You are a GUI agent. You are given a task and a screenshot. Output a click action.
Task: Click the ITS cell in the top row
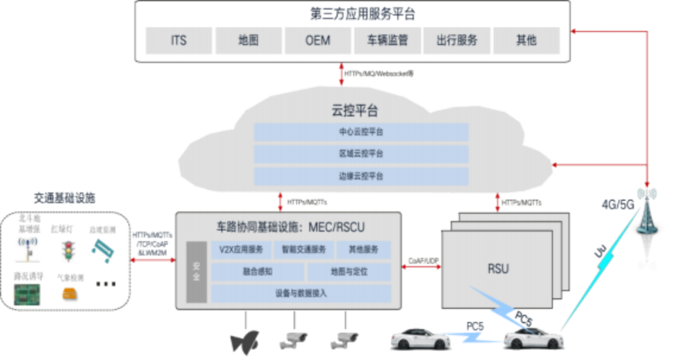point(179,40)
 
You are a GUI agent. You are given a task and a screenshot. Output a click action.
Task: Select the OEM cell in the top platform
point(317,40)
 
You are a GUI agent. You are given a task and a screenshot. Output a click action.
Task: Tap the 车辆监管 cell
point(387,40)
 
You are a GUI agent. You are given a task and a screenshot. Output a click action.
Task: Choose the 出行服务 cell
point(457,40)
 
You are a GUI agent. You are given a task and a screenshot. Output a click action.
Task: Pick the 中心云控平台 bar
point(361,133)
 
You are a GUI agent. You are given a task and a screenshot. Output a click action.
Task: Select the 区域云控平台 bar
point(361,154)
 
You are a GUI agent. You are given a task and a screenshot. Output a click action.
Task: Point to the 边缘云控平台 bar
point(361,176)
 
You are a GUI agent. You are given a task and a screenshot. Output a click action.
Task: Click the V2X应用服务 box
point(241,249)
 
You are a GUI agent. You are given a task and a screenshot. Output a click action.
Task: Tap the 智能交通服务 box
point(304,249)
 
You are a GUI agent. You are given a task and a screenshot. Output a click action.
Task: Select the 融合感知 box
point(257,272)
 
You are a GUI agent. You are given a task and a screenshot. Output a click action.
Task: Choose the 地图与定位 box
point(348,272)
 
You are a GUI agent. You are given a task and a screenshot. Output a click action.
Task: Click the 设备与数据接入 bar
point(301,293)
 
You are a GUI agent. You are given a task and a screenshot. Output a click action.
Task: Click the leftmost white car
point(420,340)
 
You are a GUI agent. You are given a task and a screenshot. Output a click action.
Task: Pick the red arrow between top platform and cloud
point(341,74)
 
